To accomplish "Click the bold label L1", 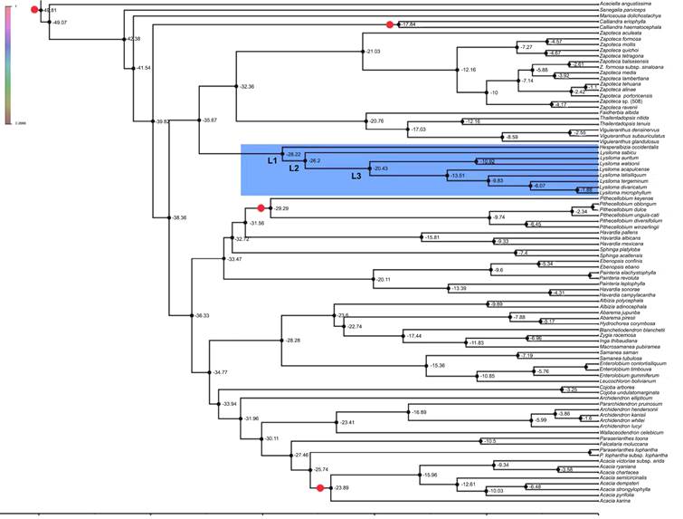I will click(272, 160).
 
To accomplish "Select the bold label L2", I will click(293, 168).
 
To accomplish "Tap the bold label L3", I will click(357, 176).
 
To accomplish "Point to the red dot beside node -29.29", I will click(261, 208).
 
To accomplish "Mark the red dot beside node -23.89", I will click(320, 488).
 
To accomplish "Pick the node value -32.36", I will click(246, 86).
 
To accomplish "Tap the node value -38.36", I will click(182, 217).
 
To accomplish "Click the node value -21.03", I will click(372, 52).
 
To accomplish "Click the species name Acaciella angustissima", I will click(622, 5).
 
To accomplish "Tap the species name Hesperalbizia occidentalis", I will click(629, 147).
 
